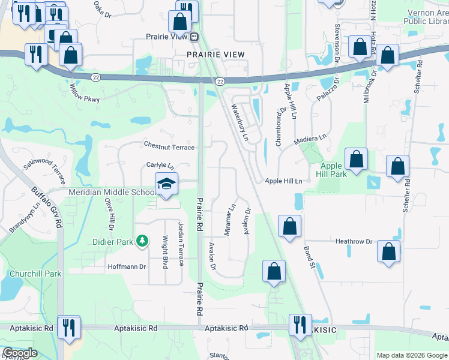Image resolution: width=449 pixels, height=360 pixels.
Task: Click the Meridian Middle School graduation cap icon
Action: [166, 184]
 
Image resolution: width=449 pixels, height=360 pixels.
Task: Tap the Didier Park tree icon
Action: [142, 241]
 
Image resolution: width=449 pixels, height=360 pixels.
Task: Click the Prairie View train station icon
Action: [194, 37]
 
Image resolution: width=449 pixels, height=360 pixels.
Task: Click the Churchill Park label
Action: [35, 274]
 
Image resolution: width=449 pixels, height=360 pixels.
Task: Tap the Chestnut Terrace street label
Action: [169, 146]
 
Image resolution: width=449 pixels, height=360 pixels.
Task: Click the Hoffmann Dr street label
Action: [127, 266]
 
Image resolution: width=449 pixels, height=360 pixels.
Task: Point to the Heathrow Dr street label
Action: [354, 241]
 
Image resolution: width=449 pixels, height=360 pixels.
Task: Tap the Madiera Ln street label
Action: [310, 140]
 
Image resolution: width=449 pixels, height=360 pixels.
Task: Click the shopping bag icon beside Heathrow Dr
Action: [388, 252]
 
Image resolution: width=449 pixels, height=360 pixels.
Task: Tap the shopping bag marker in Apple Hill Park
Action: [356, 160]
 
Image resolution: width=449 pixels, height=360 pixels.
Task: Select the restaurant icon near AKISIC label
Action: [298, 325]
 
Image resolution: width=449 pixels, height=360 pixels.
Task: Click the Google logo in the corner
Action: [20, 353]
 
